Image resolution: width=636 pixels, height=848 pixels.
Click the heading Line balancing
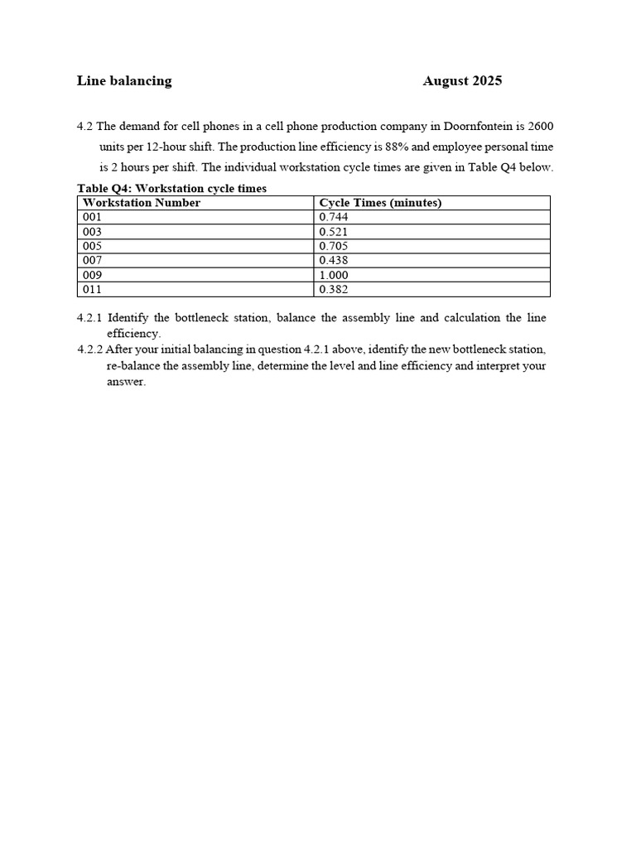124,81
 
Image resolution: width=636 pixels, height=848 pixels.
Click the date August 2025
462,81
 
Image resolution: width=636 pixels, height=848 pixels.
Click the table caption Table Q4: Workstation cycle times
171,189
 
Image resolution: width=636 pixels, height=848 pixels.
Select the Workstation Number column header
142,203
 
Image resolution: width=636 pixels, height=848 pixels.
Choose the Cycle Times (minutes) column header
380,203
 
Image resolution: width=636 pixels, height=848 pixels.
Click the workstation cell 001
92,218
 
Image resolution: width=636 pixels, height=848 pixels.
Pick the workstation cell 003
92,232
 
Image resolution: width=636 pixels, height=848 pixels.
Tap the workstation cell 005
92,246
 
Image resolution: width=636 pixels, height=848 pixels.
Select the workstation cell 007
92,260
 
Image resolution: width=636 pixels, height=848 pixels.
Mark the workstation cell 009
92,275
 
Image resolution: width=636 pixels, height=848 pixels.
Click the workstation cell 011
92,289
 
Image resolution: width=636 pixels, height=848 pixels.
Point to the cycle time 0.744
333,218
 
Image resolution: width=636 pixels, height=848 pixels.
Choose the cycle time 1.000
333,275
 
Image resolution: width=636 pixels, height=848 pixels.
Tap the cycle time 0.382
333,289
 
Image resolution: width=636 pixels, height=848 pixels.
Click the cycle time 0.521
333,232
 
